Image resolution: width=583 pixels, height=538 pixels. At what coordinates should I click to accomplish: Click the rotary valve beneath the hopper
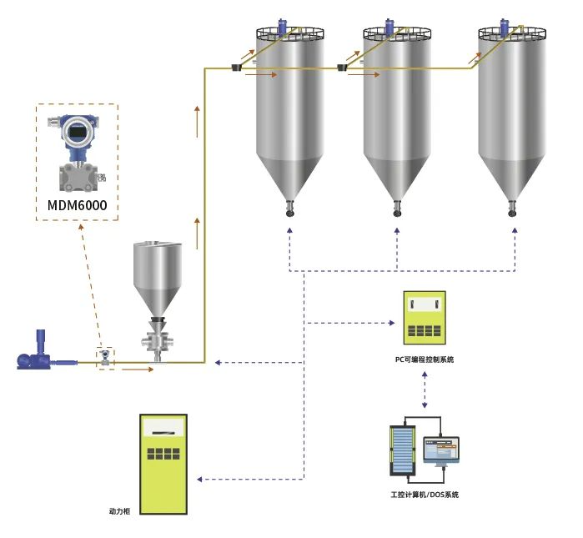coord(158,338)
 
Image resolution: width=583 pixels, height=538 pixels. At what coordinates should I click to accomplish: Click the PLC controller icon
coord(425,318)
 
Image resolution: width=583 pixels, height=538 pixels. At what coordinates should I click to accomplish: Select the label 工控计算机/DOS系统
coord(425,495)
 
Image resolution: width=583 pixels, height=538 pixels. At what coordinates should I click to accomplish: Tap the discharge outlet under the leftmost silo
coord(289,208)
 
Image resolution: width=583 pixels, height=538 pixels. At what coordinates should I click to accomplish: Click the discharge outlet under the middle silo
coord(397,208)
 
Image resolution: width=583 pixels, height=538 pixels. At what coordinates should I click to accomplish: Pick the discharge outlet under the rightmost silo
coord(512,208)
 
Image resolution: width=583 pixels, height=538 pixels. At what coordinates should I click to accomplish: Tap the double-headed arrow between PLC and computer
coord(425,390)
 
